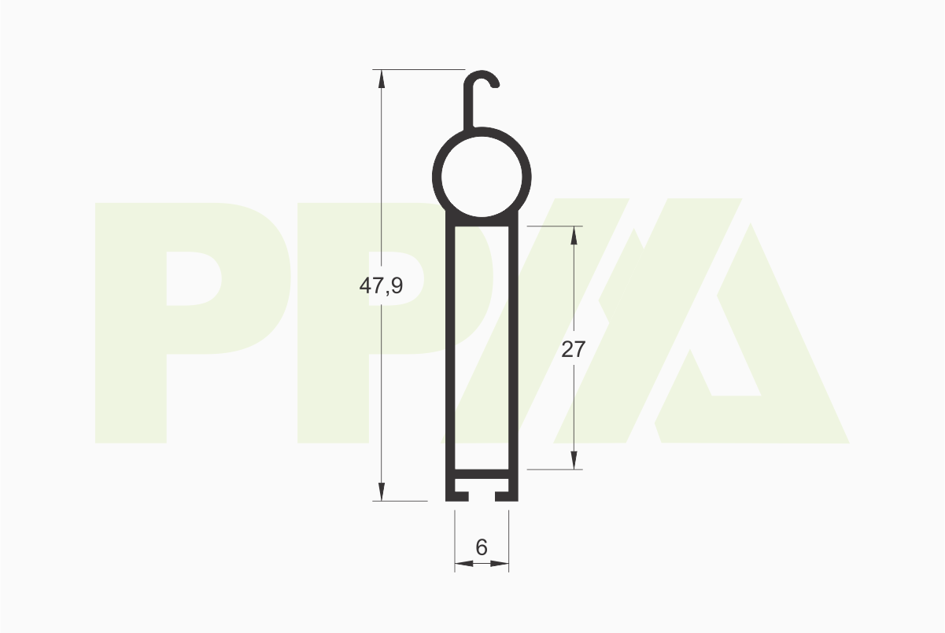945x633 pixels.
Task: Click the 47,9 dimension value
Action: point(381,286)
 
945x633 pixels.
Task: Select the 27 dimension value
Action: point(574,349)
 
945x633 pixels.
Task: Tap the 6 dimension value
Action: point(482,547)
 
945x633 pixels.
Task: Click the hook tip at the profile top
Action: point(496,86)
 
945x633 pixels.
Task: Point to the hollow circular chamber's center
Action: point(482,176)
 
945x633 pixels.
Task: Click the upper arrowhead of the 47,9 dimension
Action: point(382,79)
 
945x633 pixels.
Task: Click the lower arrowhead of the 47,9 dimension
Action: point(382,491)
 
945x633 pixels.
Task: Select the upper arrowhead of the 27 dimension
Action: point(574,236)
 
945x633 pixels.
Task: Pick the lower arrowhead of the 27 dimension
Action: point(574,460)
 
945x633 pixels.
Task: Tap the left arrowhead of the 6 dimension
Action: point(464,563)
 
